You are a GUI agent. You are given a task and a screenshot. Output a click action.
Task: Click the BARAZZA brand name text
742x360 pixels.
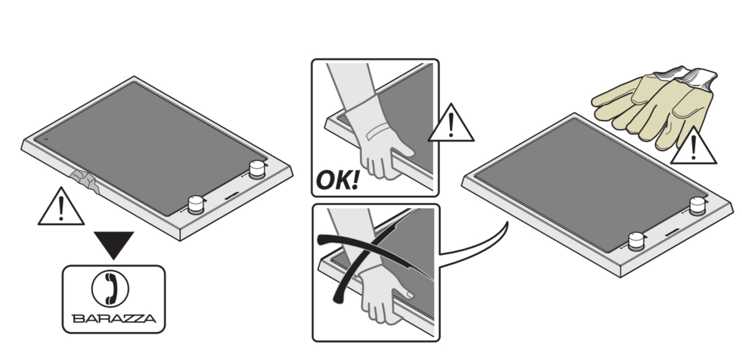point(114,318)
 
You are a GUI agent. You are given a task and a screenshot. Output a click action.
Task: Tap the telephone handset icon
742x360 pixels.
point(110,289)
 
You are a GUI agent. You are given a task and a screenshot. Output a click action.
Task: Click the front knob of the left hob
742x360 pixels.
point(196,205)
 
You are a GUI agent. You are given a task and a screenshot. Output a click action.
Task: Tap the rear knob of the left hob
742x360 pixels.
point(257,169)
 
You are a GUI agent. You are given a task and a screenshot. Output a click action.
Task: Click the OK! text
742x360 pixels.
point(337,180)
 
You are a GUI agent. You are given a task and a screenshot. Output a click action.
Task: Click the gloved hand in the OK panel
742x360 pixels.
point(381,139)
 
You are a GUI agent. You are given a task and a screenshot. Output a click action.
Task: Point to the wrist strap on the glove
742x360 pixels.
point(378,132)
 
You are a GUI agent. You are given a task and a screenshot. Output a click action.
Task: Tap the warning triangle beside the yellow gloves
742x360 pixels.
point(693,145)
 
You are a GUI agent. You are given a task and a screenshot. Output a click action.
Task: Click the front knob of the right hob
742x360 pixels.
point(636,241)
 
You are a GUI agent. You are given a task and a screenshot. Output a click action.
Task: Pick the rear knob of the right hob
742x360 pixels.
point(697,205)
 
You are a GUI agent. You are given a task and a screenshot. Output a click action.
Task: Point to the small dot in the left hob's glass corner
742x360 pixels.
point(46,139)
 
